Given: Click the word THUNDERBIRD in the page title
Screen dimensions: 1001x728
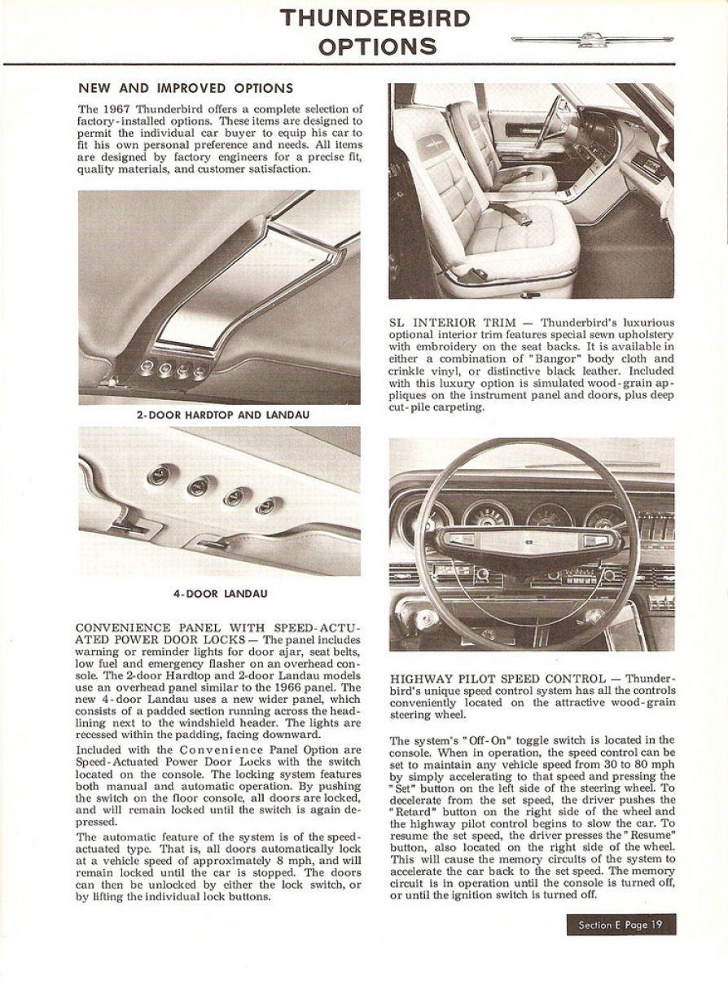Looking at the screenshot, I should coord(375,19).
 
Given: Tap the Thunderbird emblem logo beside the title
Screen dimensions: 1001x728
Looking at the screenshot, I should coord(592,39).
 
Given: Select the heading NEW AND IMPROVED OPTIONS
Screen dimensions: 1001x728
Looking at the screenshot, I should coord(186,88).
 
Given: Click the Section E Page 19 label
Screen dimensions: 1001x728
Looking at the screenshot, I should coord(621,924).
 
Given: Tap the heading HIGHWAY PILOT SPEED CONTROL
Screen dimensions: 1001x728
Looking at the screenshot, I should coord(498,678).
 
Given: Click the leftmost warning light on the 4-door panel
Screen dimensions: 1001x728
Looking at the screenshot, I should coord(159,474).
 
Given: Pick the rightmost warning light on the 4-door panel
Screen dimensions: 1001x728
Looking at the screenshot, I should coord(265,506).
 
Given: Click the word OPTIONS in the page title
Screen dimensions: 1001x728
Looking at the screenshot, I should coord(376,46).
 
